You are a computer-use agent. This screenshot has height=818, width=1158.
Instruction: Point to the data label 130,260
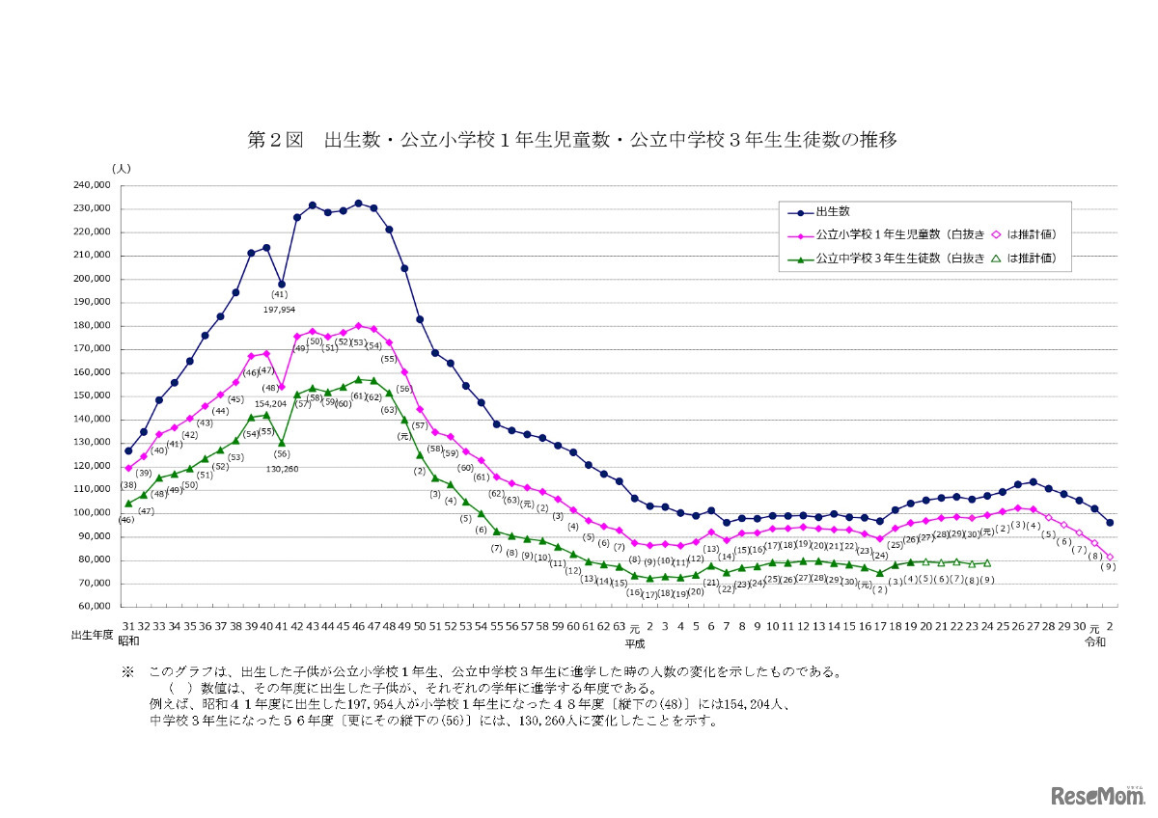(x=282, y=469)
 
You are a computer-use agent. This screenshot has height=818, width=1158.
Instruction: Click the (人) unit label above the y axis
(x=121, y=169)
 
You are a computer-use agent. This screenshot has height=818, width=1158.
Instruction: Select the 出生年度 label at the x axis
(x=93, y=637)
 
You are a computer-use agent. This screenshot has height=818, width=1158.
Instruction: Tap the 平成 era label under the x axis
(x=634, y=642)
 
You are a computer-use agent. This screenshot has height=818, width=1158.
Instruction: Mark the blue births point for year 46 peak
(x=358, y=204)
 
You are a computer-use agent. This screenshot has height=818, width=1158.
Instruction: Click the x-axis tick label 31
(x=127, y=626)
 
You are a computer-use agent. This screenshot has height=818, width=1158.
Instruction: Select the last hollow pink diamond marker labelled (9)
(x=1110, y=557)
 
